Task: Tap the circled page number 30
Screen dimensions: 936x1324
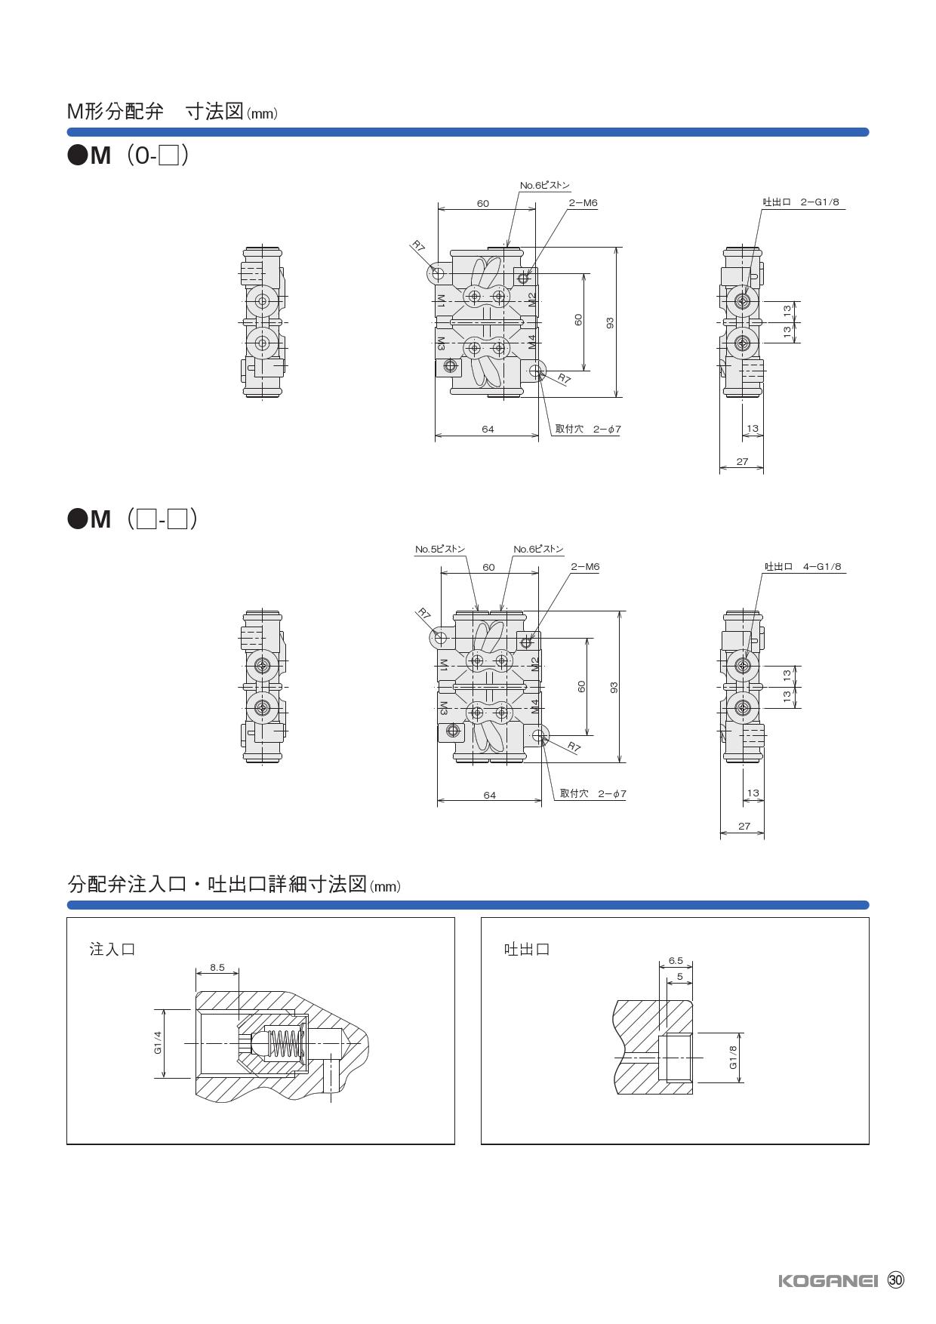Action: [895, 1280]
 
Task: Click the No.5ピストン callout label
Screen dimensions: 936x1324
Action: [440, 550]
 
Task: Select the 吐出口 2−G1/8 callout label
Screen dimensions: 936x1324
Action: [801, 202]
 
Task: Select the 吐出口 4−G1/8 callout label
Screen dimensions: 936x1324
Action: [803, 567]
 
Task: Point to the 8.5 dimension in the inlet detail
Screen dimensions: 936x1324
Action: [217, 967]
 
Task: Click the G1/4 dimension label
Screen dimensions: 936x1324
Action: [158, 1043]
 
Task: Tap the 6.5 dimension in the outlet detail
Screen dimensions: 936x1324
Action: [676, 961]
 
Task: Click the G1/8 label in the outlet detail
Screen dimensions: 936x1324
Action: [732, 1057]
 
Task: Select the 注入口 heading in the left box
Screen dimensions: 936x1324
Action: [112, 949]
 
